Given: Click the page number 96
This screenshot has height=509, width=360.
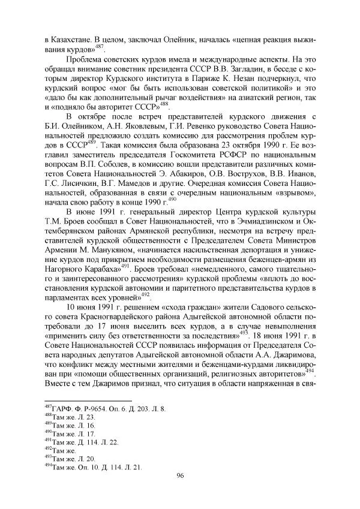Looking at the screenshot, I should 180,475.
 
